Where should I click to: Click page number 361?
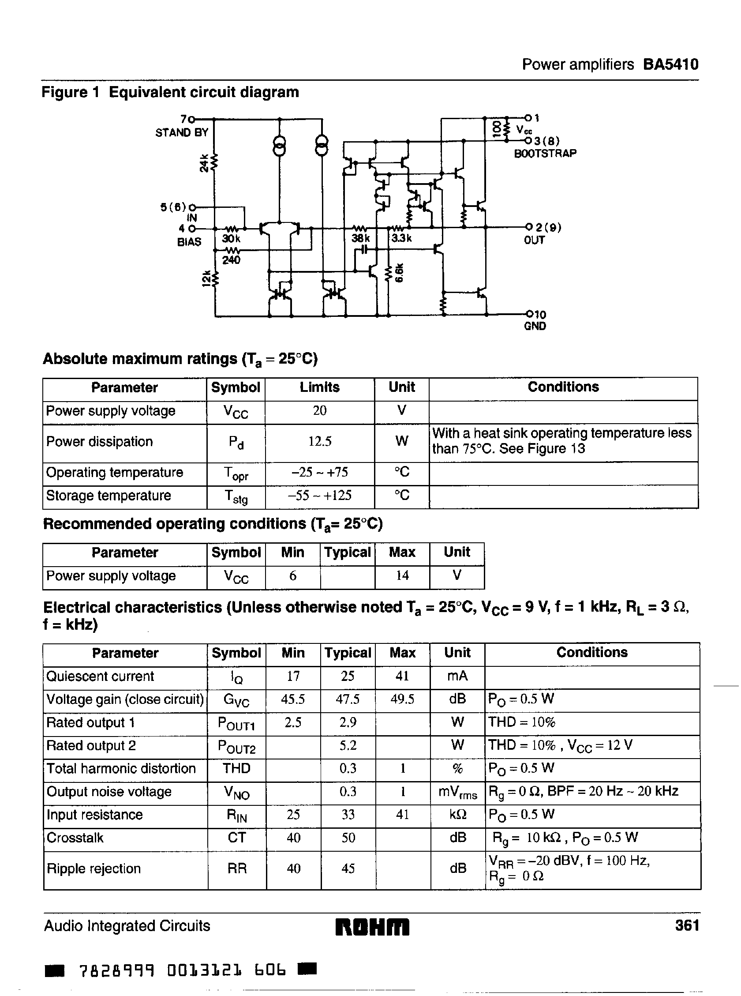pyautogui.click(x=687, y=925)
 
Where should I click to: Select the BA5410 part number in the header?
pyautogui.click(x=670, y=64)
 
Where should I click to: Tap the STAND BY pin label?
pyautogui.click(x=182, y=133)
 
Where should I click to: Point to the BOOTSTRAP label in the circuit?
pyautogui.click(x=545, y=154)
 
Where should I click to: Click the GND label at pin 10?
pyautogui.click(x=535, y=326)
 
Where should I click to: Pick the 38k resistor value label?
pyautogui.click(x=360, y=238)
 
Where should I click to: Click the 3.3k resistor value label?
pyautogui.click(x=401, y=238)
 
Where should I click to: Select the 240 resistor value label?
pyautogui.click(x=231, y=260)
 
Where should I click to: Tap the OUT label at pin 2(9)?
pyautogui.click(x=534, y=241)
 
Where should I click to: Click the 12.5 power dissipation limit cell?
pyautogui.click(x=319, y=442)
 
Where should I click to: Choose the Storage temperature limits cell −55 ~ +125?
pyautogui.click(x=319, y=496)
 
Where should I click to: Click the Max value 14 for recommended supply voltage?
pyautogui.click(x=402, y=575)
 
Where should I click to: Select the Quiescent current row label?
pyautogui.click(x=100, y=676)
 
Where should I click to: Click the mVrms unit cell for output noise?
pyautogui.click(x=457, y=792)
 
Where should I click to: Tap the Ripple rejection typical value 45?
pyautogui.click(x=348, y=868)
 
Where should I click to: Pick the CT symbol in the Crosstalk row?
pyautogui.click(x=236, y=838)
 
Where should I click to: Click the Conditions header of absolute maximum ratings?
pyautogui.click(x=563, y=387)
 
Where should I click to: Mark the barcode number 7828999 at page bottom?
pyautogui.click(x=116, y=971)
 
